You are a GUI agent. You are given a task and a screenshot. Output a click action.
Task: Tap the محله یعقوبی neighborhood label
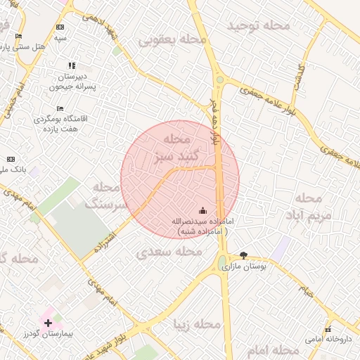[173, 40]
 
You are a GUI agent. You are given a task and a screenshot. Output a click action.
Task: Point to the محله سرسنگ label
[108, 196]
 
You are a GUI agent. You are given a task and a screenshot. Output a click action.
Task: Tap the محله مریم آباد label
[308, 207]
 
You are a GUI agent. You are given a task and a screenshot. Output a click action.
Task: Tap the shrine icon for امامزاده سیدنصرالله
[203, 210]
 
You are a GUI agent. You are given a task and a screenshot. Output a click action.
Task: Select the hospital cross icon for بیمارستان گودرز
[48, 323]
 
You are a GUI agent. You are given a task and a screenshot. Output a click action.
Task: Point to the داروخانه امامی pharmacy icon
[328, 330]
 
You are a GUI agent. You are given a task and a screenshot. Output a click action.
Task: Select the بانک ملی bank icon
[10, 160]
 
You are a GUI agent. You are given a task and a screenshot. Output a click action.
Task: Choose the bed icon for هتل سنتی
[18, 36]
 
